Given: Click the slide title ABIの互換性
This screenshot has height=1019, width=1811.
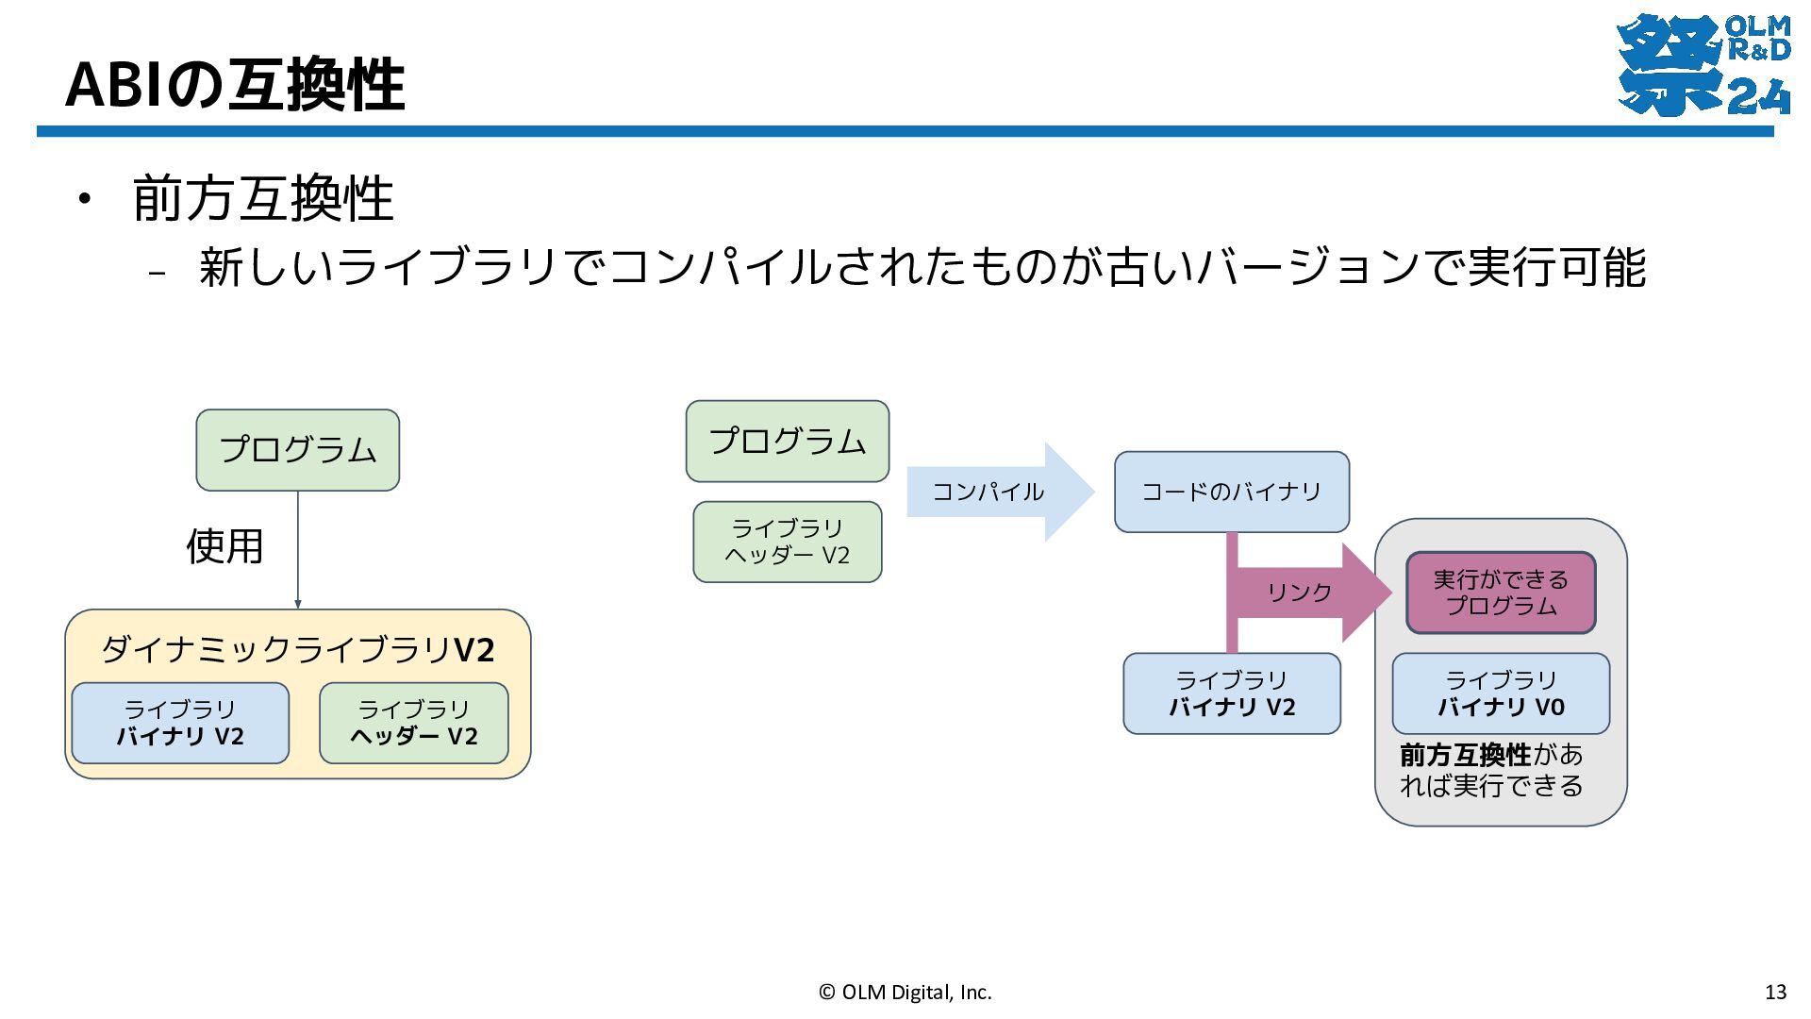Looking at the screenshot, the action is pos(235,84).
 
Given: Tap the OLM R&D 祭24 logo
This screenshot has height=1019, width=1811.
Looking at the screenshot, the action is pos(1703,64).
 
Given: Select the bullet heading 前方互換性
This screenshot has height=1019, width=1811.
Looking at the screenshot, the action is pos(263,198).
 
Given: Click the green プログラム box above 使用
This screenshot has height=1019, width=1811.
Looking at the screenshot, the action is pos(298,450).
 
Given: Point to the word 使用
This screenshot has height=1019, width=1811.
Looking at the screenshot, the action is pos(224,546).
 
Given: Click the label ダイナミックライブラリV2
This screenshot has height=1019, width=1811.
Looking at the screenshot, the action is pos(298,649).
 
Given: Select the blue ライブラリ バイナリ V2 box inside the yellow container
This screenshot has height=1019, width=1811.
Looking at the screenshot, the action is pos(180,723).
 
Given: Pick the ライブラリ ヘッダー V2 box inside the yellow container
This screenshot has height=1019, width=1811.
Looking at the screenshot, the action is pos(414,723).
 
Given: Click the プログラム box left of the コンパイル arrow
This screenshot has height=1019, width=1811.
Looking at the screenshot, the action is pos(788,442).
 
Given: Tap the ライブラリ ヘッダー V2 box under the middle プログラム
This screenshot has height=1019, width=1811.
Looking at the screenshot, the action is pos(788,542).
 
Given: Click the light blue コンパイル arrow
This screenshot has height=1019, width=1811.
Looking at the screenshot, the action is pos(1001,492).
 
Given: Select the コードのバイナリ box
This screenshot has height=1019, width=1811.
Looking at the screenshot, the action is pos(1232,492).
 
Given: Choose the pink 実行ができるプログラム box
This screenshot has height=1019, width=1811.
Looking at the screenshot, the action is pos(1501,593).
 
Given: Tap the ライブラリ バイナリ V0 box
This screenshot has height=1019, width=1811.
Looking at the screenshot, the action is pos(1501,693).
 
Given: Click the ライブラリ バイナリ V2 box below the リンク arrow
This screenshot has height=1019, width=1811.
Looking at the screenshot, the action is pos(1232,693).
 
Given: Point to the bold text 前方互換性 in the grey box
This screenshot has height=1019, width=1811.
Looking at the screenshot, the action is pos(1466,755).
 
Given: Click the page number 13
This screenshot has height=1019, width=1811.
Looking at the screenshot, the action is pos(1775,992).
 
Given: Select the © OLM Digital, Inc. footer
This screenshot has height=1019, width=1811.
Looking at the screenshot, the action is pos(905,992).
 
